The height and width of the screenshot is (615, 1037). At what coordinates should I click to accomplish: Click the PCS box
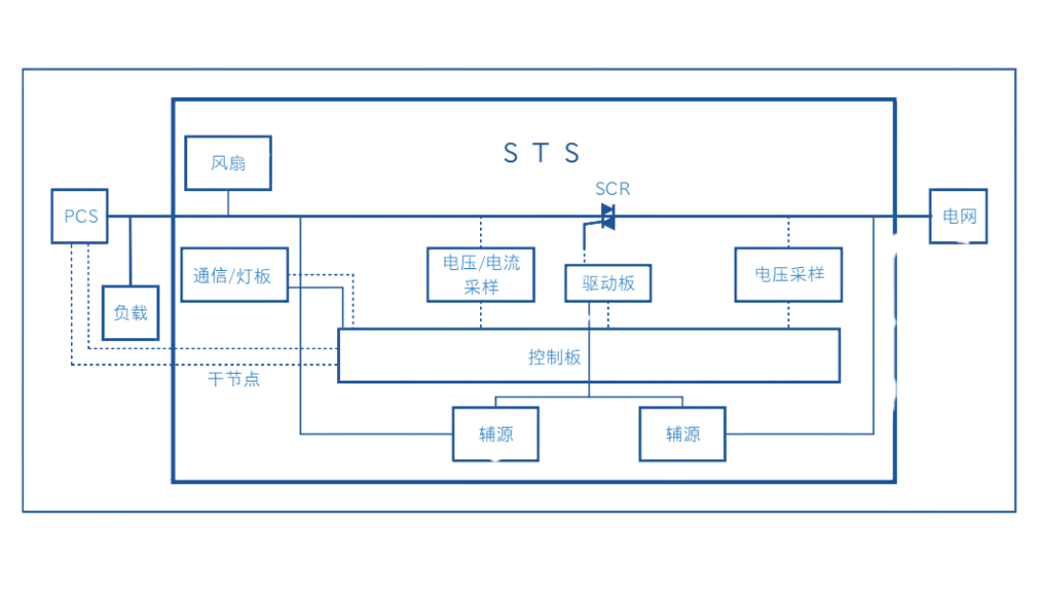79,215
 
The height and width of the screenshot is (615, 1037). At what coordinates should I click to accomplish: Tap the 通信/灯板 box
233,275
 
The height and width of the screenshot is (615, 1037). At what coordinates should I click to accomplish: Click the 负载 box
131,312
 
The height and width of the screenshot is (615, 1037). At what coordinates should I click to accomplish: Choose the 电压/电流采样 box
481,274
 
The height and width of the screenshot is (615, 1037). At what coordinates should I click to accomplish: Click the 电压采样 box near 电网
789,274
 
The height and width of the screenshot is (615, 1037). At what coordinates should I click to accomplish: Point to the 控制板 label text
556,357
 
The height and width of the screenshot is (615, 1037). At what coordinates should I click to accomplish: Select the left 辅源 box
495,433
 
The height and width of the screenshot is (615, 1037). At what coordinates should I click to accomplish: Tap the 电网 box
957,216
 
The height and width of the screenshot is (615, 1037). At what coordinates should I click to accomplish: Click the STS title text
543,153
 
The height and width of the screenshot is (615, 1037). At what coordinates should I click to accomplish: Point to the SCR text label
613,188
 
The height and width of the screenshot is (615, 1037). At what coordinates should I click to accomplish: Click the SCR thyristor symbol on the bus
607,215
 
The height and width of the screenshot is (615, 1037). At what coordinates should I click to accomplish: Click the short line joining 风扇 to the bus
228,202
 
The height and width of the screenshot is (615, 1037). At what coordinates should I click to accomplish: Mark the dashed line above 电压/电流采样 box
481,231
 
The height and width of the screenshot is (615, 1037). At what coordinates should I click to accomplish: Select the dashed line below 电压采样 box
789,314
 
